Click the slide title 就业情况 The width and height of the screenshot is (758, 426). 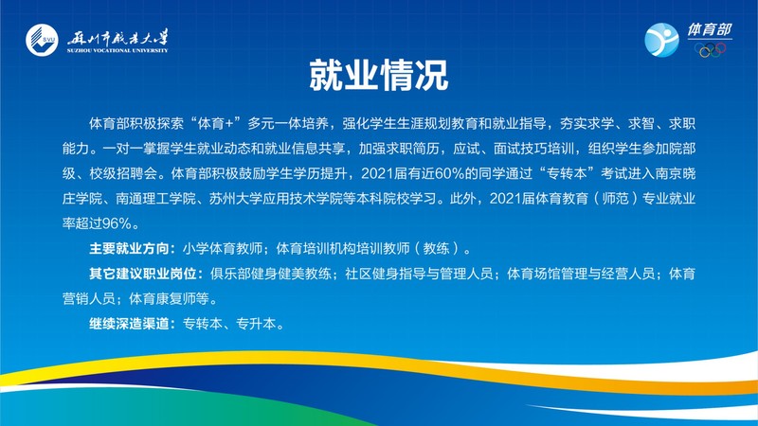tap(379, 76)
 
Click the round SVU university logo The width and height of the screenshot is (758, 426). tap(42, 40)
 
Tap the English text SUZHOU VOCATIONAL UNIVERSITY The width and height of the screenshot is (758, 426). tap(117, 50)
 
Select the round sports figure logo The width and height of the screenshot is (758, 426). tap(661, 40)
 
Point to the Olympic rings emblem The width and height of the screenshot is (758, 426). tap(710, 50)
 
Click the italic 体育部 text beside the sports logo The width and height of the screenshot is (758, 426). tap(710, 30)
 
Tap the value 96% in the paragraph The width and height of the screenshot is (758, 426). tap(117, 223)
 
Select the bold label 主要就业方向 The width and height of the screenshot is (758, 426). tap(130, 249)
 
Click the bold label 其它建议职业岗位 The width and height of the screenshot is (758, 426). tap(143, 274)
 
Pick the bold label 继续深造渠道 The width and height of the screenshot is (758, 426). tap(130, 324)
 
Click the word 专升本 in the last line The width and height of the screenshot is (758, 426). tap(256, 324)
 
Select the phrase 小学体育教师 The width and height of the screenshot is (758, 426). tap(223, 249)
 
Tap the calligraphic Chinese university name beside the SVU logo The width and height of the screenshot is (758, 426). tap(117, 38)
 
